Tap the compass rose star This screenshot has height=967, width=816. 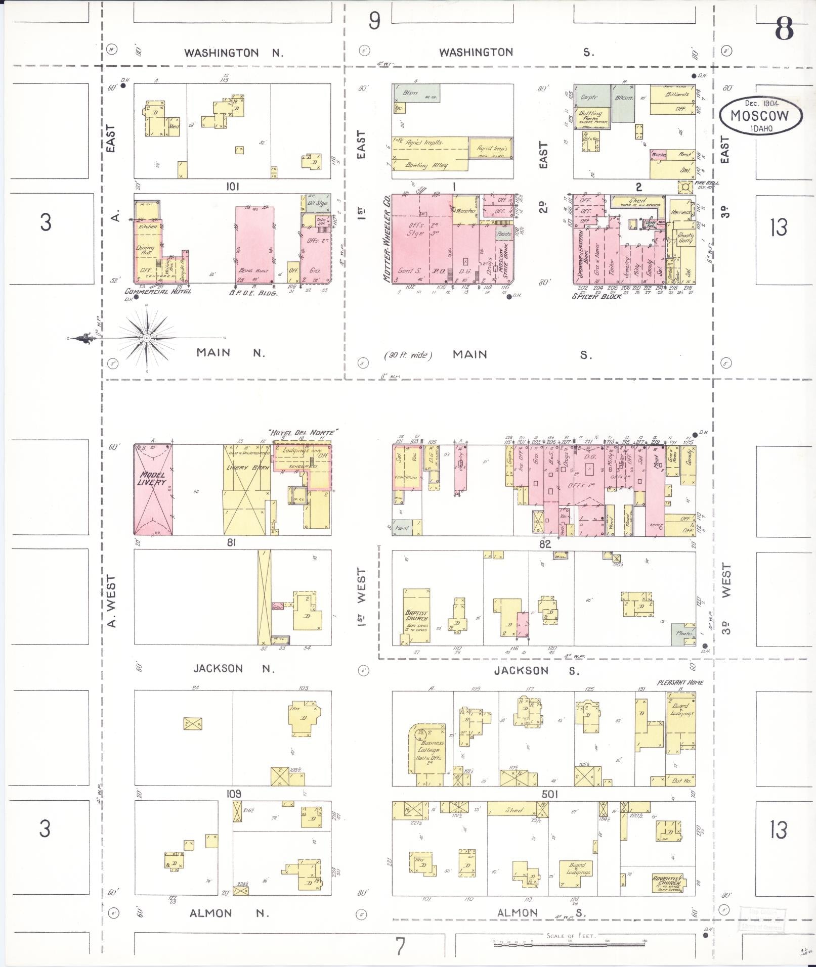click(x=146, y=337)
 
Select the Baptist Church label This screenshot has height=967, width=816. click(x=416, y=615)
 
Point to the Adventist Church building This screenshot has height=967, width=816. click(x=668, y=883)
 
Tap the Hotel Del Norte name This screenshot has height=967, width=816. click(x=303, y=432)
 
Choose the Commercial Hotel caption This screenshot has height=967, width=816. click(x=158, y=292)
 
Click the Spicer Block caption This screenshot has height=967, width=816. click(x=596, y=296)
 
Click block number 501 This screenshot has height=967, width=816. click(x=549, y=794)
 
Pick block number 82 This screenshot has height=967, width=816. click(x=544, y=544)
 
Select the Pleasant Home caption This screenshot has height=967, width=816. click(x=680, y=682)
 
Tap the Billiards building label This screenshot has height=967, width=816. click(x=676, y=95)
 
